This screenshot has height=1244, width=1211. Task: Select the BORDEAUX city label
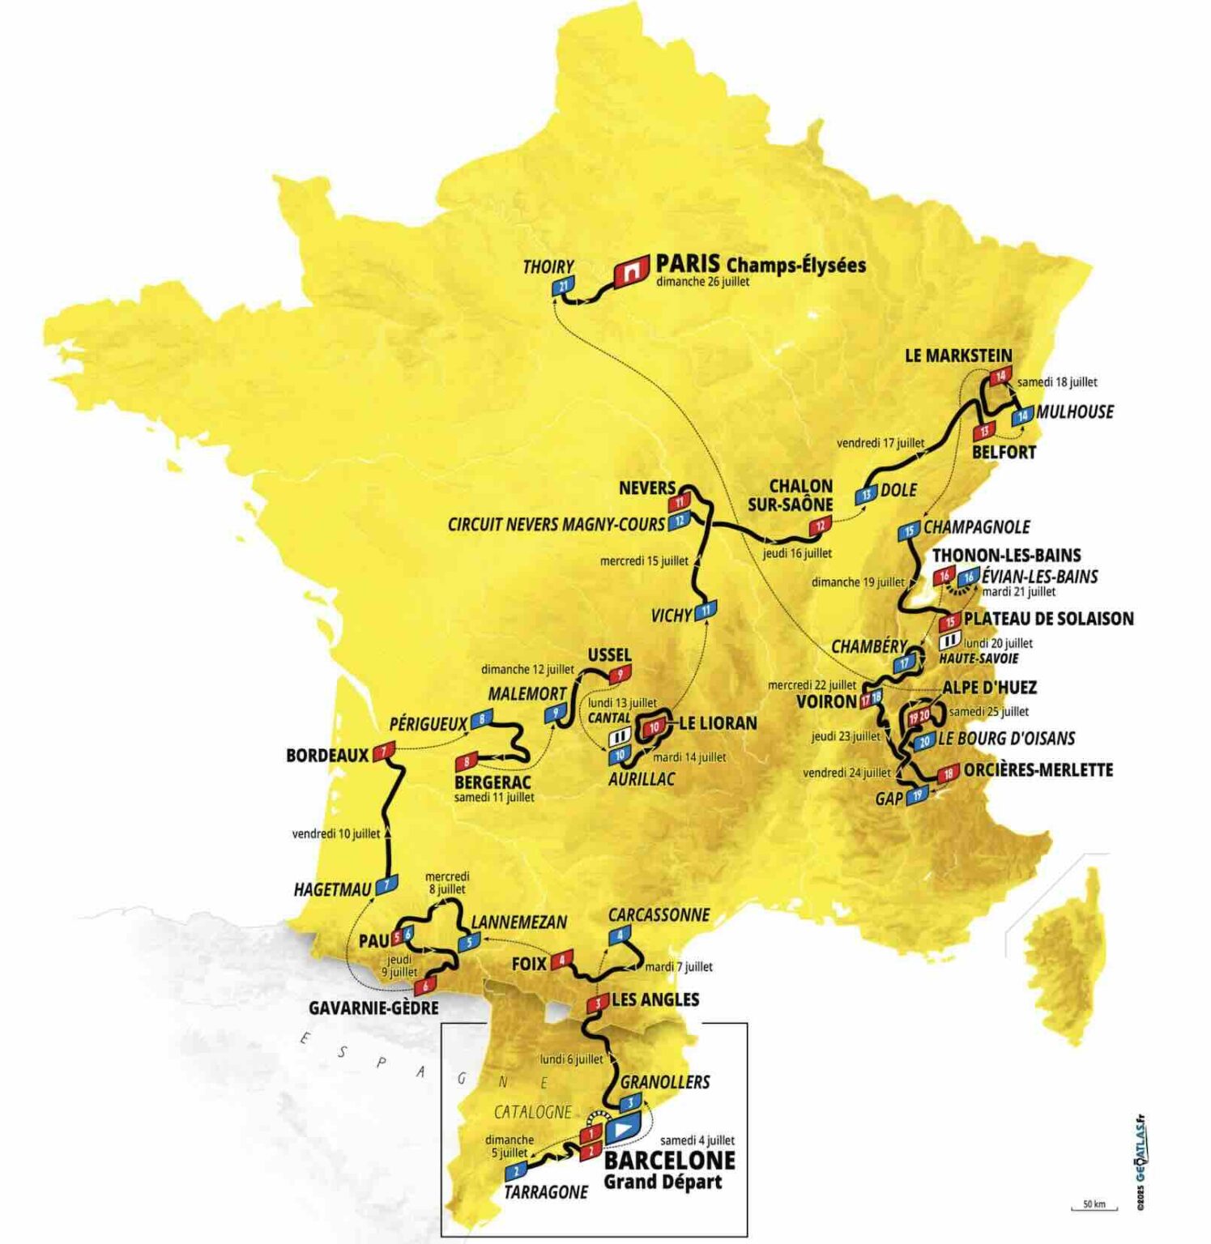(x=327, y=755)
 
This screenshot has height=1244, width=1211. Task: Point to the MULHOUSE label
(x=1074, y=411)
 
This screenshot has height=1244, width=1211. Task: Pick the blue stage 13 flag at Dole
(x=867, y=495)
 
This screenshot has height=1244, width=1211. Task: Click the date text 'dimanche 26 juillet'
(x=702, y=282)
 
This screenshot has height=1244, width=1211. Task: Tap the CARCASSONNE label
(x=659, y=915)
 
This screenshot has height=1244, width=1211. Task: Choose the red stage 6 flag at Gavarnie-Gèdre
(x=424, y=986)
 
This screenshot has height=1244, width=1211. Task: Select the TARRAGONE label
(x=545, y=1191)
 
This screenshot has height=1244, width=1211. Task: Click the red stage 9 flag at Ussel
(x=620, y=674)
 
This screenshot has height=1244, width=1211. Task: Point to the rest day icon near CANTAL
(x=619, y=737)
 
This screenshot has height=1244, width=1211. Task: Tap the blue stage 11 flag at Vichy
(x=706, y=610)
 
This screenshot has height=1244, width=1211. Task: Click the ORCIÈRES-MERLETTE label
(x=1038, y=769)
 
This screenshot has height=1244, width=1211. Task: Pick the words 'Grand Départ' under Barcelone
(x=662, y=1182)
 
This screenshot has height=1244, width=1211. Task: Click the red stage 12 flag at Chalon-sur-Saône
(x=820, y=526)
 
